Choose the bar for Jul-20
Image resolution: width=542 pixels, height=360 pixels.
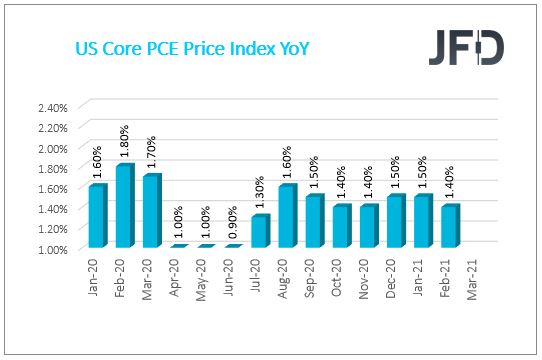(260, 232)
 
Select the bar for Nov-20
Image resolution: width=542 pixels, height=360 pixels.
(369, 227)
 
